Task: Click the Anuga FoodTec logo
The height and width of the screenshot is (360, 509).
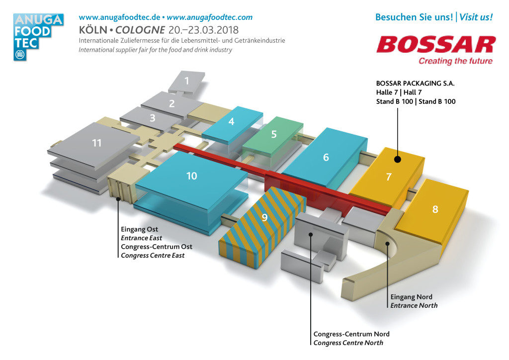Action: [38, 37]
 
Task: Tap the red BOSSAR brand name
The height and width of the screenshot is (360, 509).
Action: [436, 44]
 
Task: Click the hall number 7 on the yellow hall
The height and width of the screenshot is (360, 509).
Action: [389, 177]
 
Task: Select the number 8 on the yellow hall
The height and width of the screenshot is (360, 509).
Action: [435, 209]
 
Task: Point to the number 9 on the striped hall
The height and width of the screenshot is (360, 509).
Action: [264, 217]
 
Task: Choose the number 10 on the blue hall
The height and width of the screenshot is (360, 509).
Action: [191, 176]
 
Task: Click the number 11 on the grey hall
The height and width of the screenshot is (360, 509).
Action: [96, 143]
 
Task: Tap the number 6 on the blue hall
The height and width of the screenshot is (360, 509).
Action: [326, 158]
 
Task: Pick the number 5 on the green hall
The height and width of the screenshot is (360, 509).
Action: [274, 134]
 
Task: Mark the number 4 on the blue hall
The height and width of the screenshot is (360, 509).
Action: [231, 121]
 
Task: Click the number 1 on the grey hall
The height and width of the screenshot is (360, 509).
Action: [187, 81]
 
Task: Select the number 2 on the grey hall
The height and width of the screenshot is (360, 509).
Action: [171, 103]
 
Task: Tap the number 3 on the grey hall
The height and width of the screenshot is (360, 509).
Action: [152, 118]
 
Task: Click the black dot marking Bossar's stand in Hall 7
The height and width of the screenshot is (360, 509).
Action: [397, 160]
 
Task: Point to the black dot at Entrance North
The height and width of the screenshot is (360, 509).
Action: [387, 244]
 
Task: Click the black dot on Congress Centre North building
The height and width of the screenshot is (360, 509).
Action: [311, 234]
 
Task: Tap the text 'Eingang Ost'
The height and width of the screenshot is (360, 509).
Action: [140, 229]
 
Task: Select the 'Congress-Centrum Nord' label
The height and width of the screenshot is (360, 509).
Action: [351, 334]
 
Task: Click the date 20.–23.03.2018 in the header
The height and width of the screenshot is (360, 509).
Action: [203, 30]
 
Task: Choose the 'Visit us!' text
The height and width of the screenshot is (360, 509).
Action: [476, 17]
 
